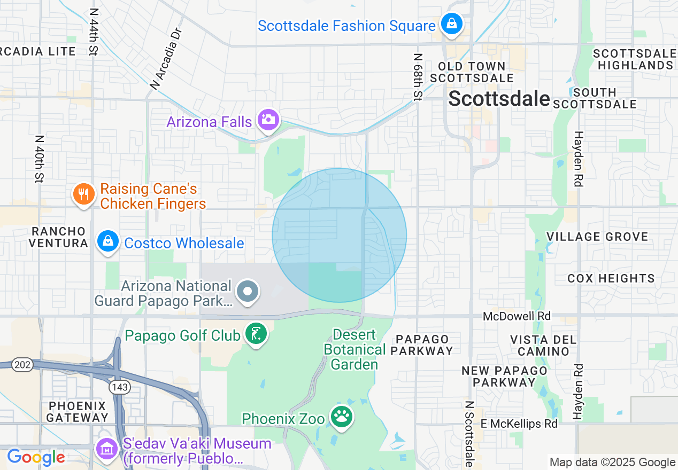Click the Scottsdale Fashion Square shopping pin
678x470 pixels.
452,24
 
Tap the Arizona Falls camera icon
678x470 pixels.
268,120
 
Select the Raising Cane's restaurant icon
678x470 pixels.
83,194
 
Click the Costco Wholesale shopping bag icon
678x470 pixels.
108,242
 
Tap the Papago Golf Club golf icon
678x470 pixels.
256,334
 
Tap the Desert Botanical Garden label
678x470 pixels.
355,350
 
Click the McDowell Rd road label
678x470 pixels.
517,316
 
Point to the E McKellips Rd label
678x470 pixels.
519,424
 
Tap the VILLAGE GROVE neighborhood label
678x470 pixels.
597,237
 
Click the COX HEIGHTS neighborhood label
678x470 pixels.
611,278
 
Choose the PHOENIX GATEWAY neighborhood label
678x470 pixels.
77,411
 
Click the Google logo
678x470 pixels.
36,457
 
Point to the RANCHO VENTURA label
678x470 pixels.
58,237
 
